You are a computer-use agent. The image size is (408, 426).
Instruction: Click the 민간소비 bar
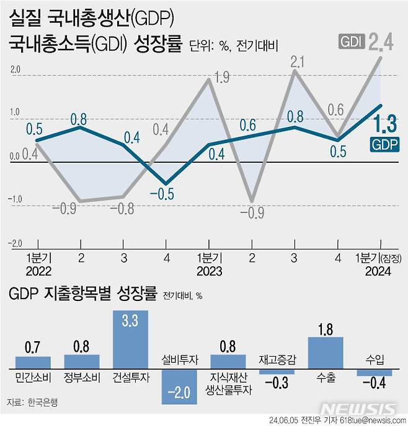[33, 363]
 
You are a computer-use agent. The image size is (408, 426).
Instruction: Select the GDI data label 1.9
[221, 77]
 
